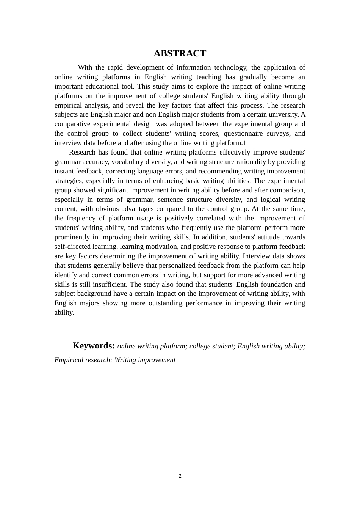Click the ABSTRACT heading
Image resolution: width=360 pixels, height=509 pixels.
coord(180,53)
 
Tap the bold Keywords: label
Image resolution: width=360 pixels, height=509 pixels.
coord(94,346)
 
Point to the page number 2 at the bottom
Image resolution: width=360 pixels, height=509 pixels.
coord(180,476)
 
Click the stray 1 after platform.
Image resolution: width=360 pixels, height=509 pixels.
coord(245,143)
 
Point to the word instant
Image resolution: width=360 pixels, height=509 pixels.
coord(64,171)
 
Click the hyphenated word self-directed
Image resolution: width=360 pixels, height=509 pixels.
coord(75,247)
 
